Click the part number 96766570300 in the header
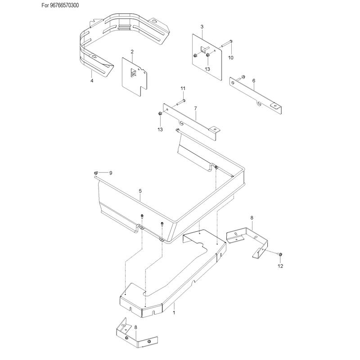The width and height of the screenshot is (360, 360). (x=64, y=5)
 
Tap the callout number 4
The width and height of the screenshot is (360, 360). (x=92, y=81)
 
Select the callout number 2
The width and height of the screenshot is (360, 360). (x=132, y=52)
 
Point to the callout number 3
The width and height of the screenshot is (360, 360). (x=202, y=27)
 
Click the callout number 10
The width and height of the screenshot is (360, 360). (x=230, y=58)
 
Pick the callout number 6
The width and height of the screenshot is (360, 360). (x=254, y=81)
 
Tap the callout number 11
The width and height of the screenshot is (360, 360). (x=183, y=88)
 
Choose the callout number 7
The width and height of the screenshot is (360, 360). (x=196, y=108)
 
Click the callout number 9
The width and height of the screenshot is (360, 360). (x=111, y=173)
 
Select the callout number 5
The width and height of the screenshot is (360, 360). (x=140, y=191)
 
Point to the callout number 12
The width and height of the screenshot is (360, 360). (x=280, y=266)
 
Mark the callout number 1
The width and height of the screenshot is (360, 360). (x=174, y=313)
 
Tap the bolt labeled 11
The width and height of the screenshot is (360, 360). (x=181, y=102)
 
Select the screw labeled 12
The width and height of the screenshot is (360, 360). (x=280, y=254)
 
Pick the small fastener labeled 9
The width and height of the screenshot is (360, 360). (x=96, y=173)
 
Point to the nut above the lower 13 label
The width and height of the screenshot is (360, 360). (x=160, y=113)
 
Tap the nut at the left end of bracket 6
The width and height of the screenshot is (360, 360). (x=243, y=76)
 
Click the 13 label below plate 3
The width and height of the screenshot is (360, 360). (x=207, y=69)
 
